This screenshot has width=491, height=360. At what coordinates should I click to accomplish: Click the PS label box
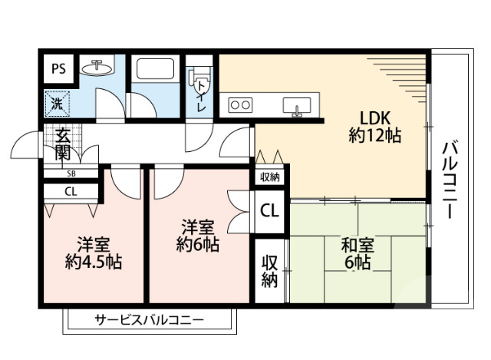(x=59, y=68)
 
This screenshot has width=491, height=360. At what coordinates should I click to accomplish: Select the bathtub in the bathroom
(x=156, y=71)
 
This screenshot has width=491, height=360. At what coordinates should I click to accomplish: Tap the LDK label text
(x=376, y=118)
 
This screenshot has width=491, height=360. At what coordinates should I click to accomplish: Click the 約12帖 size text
(x=376, y=137)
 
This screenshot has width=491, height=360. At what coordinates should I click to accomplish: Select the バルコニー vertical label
(x=450, y=178)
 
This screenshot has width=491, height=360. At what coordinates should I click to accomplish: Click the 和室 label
(x=357, y=246)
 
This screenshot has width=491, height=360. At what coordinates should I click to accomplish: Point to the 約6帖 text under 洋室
(x=197, y=246)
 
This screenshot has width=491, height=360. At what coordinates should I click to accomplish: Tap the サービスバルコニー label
(x=150, y=319)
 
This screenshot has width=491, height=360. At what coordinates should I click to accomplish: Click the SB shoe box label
(x=70, y=173)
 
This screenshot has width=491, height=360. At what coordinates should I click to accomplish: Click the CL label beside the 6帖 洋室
(x=269, y=210)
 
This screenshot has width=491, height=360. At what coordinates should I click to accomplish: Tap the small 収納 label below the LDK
(x=269, y=178)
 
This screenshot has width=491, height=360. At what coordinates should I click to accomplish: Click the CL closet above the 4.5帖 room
(x=70, y=192)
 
